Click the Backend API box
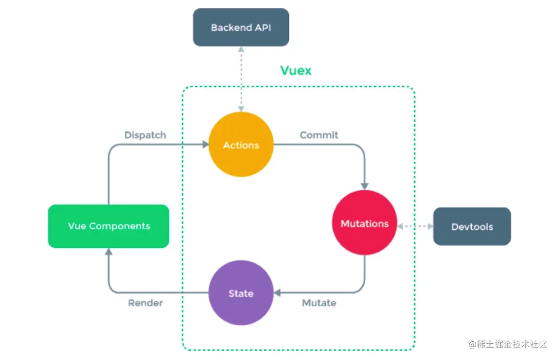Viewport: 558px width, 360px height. tap(241, 28)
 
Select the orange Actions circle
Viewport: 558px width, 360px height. tap(241, 145)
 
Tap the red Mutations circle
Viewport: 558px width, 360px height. tap(364, 223)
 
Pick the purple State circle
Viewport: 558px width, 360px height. tap(241, 293)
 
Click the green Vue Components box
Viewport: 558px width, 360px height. tap(108, 226)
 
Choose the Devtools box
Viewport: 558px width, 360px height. tap(472, 227)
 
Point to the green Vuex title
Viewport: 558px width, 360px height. tap(296, 71)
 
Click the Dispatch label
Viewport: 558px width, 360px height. tap(145, 135)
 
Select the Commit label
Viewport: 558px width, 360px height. tap(319, 135)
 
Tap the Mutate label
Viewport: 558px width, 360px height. tap(319, 303)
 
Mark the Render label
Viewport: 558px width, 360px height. tap(145, 303)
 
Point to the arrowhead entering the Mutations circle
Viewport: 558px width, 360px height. tap(364, 186)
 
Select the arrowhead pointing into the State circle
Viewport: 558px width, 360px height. tap(277, 293)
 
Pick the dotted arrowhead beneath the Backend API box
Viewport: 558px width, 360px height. tap(241, 50)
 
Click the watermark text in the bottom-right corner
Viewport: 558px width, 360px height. tap(508, 344)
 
